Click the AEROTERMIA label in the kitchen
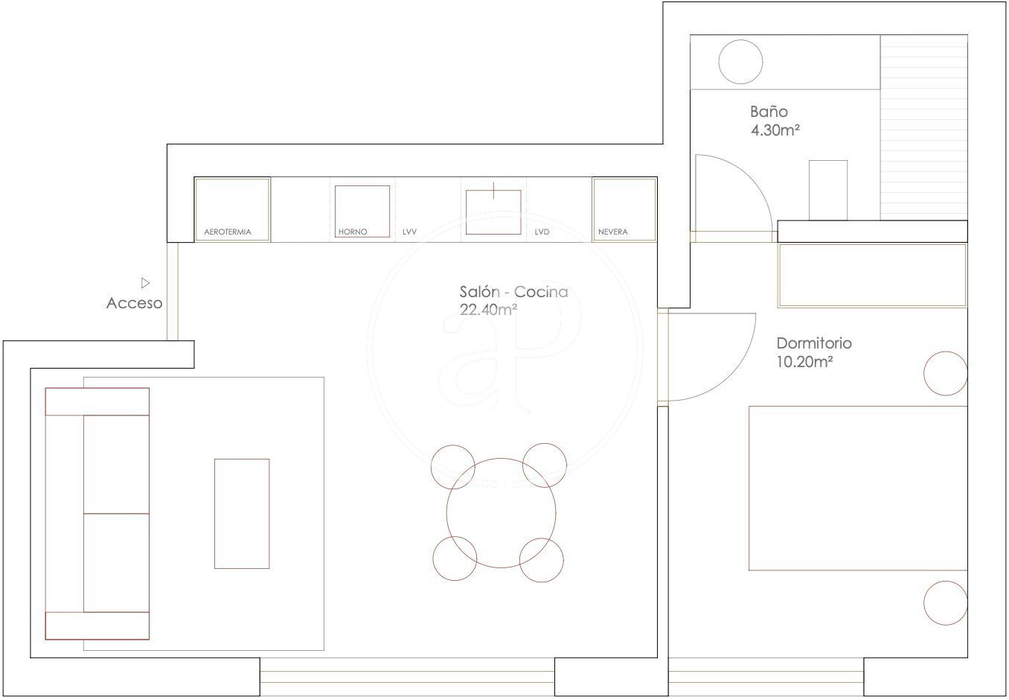point(228,232)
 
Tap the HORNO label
point(353,232)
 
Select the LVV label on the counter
point(409,232)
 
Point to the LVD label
point(542,232)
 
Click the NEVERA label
point(612,232)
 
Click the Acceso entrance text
point(134,303)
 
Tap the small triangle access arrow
point(145,283)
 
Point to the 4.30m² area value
point(775,130)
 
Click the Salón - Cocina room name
point(513,292)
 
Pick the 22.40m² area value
point(488,310)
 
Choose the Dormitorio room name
point(814,343)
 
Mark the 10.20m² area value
point(804,361)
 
